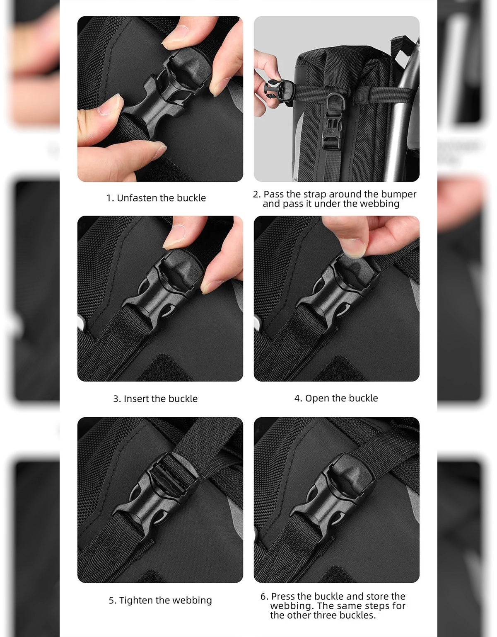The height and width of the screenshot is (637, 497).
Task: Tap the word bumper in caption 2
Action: (399, 195)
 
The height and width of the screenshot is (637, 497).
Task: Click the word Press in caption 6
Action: (282, 596)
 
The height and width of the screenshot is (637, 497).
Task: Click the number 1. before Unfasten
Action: (110, 198)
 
